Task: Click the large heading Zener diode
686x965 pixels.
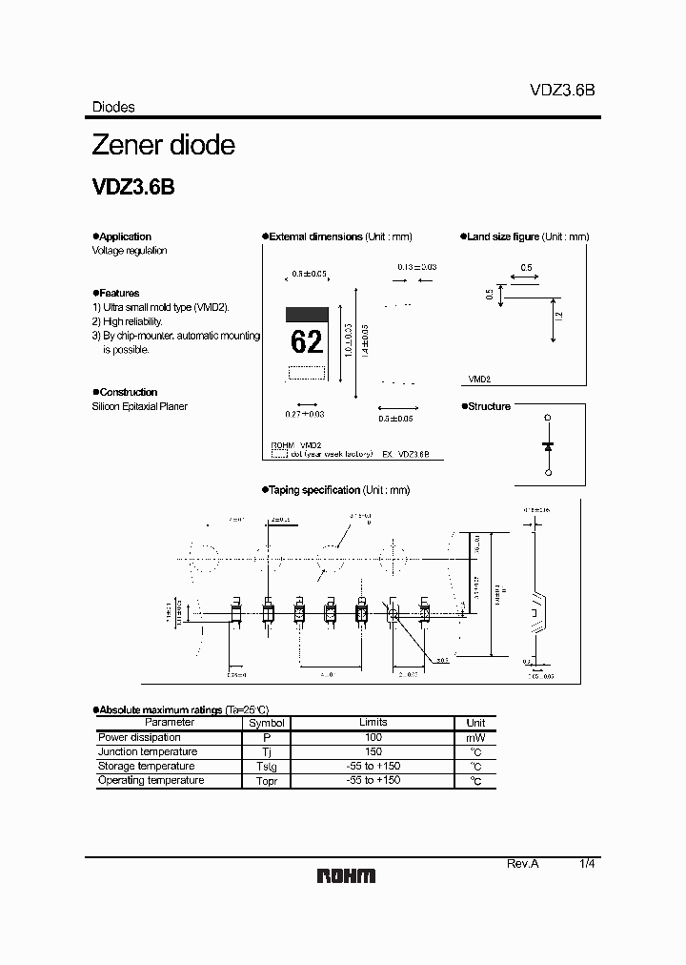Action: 163,146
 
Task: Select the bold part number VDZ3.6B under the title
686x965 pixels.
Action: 132,188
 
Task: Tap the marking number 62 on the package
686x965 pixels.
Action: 307,340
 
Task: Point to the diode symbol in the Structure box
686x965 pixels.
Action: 547,445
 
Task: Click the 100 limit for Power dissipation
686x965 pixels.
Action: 373,737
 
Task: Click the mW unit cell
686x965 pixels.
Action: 475,738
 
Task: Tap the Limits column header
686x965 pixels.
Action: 373,723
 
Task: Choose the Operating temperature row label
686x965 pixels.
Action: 151,780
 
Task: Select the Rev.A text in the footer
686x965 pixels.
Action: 522,863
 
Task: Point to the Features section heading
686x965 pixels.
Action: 118,293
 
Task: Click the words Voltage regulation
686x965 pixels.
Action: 130,251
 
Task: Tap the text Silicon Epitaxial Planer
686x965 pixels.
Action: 139,406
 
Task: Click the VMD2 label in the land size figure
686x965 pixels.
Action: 479,379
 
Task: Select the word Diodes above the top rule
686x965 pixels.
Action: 113,108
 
